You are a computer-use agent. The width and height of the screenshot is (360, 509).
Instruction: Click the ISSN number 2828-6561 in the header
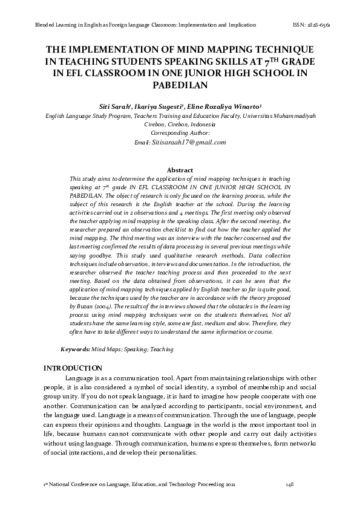[327, 25]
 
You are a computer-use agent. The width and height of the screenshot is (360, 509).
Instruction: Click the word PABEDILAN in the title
[179, 85]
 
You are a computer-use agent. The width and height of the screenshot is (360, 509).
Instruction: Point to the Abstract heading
[179, 170]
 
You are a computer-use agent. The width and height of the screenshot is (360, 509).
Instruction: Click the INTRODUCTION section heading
[72, 368]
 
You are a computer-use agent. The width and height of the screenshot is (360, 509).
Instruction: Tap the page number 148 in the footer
[290, 485]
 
